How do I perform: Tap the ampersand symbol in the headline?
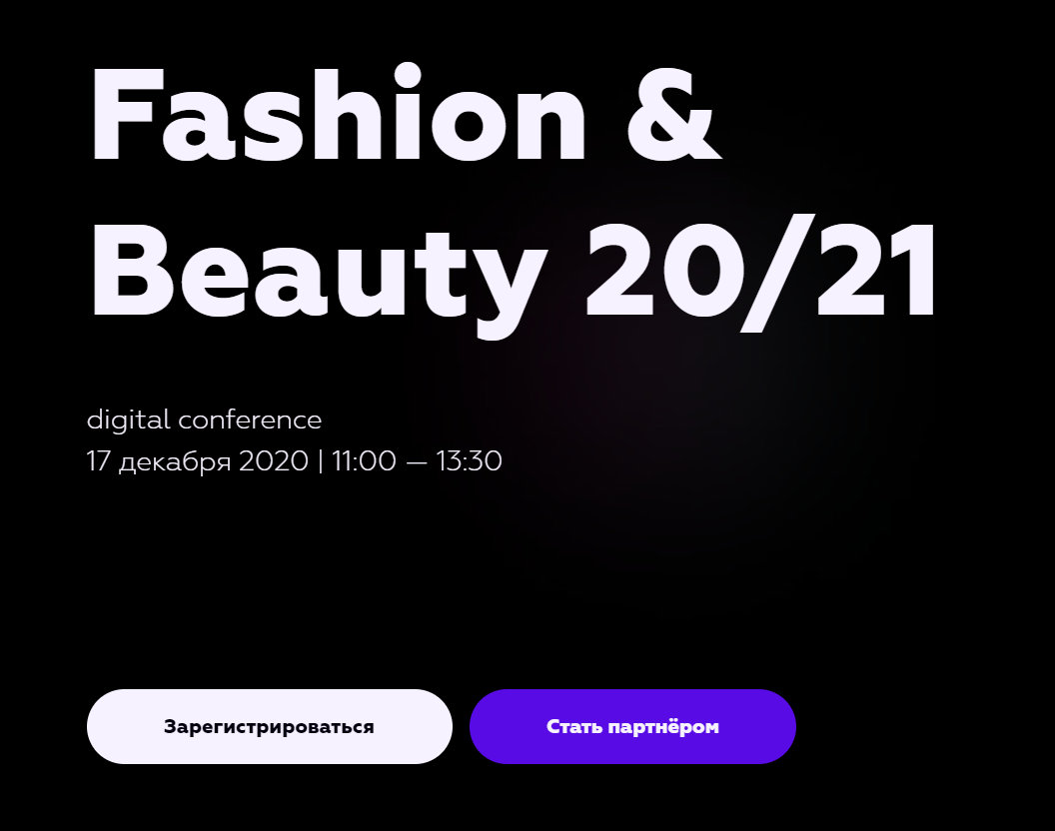tap(674, 113)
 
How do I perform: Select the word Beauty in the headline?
tap(319, 278)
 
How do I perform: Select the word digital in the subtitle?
tap(128, 420)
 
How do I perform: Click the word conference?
tap(251, 419)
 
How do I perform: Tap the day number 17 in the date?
tap(98, 461)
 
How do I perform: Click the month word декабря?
tap(175, 462)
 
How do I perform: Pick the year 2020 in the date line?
tap(274, 461)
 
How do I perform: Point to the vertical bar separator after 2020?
tap(321, 461)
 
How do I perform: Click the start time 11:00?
tap(364, 461)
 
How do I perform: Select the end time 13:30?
tap(469, 461)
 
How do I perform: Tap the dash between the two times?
tap(417, 462)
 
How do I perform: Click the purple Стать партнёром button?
tap(632, 726)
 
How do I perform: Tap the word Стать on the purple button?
tap(573, 727)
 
